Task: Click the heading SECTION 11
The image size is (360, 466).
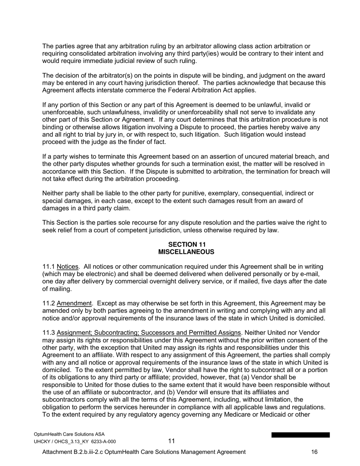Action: pyautogui.click(x=186, y=244)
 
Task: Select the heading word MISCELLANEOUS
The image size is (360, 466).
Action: pyautogui.click(x=186, y=252)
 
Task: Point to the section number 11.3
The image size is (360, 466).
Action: pyautogui.click(x=49, y=333)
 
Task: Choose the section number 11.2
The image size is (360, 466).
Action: pyautogui.click(x=49, y=303)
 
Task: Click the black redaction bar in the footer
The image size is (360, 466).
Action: pyautogui.click(x=301, y=435)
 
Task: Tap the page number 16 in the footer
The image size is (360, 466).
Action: pyautogui.click(x=314, y=452)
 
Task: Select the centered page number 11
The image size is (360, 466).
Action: pyautogui.click(x=172, y=441)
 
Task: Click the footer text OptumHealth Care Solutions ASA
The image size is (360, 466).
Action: pyautogui.click(x=69, y=434)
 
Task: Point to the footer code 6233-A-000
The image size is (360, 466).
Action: pyautogui.click(x=104, y=441)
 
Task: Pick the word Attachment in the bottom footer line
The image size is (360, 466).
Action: pyautogui.click(x=57, y=452)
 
